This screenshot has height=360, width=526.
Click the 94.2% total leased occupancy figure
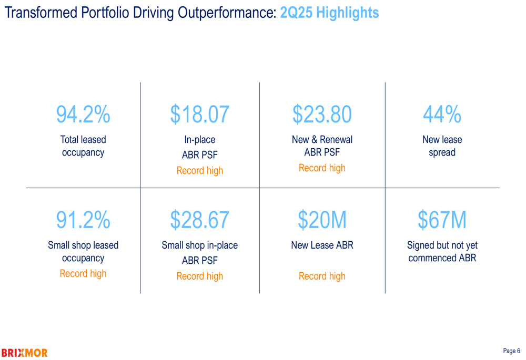83,115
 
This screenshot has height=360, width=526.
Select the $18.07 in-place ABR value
199,115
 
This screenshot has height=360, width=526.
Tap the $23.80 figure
322,115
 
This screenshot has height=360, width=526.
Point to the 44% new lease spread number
442,115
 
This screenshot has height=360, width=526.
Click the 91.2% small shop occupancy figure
83,220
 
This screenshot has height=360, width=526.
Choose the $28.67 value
199,220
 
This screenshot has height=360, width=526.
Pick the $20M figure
322,220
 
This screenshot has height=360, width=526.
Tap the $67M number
442,220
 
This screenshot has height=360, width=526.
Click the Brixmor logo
24,352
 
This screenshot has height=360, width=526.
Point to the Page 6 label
511,351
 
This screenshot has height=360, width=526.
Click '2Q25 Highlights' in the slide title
329,13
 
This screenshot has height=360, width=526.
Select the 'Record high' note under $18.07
199,171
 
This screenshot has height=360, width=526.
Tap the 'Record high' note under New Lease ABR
322,276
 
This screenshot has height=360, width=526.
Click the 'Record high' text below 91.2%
83,273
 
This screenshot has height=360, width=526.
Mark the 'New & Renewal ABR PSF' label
322,146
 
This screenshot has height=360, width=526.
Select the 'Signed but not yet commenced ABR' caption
442,252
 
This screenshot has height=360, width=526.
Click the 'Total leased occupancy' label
83,146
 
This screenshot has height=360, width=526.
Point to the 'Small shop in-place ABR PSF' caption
199,252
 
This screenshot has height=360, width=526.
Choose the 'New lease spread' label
442,146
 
